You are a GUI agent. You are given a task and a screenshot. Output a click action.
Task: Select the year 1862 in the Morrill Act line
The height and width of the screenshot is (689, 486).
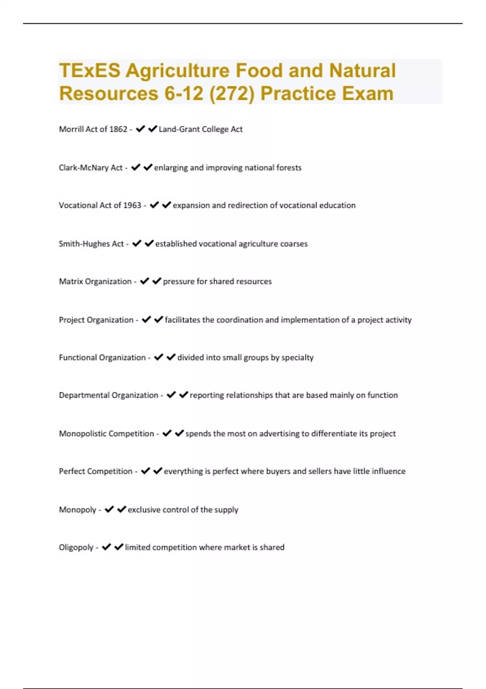tap(118, 129)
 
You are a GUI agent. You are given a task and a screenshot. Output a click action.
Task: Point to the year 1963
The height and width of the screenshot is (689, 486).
tap(132, 205)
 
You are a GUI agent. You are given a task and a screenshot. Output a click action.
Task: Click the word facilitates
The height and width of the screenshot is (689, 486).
tap(182, 320)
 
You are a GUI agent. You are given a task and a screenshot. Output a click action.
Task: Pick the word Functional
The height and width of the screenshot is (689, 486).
tap(78, 357)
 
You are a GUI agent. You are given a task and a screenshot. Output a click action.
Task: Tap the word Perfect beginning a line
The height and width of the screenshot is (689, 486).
tap(72, 471)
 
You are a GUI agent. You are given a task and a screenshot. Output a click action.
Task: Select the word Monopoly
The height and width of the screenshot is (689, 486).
tap(77, 510)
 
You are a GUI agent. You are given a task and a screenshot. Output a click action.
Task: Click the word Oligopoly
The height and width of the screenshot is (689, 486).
tap(76, 548)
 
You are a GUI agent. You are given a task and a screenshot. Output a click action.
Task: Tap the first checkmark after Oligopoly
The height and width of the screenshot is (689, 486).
tap(107, 547)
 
